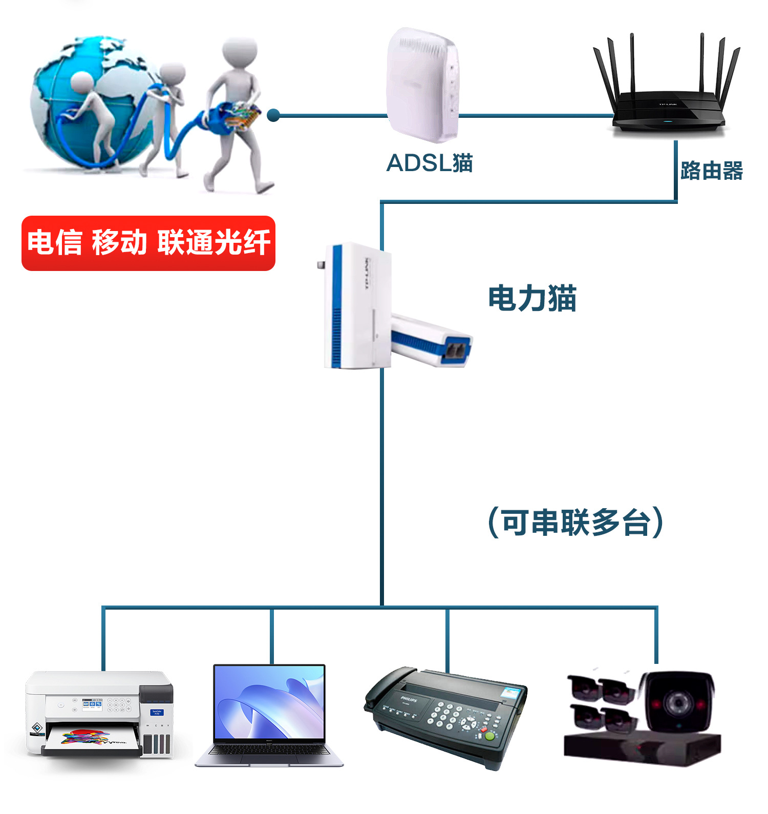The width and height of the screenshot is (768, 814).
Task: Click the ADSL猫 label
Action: [429, 163]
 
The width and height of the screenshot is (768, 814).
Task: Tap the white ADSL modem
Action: [422, 85]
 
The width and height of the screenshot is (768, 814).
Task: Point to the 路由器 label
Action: [711, 171]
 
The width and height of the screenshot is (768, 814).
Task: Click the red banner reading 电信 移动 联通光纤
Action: [148, 243]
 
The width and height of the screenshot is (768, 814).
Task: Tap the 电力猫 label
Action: [532, 298]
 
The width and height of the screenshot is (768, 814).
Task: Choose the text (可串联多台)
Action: [575, 523]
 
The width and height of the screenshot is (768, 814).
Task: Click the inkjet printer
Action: [100, 714]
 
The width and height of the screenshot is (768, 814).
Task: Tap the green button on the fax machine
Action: [490, 736]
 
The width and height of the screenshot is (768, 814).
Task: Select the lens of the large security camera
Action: [677, 701]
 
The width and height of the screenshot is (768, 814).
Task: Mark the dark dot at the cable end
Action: [273, 115]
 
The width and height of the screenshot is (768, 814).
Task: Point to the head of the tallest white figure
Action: [240, 51]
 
